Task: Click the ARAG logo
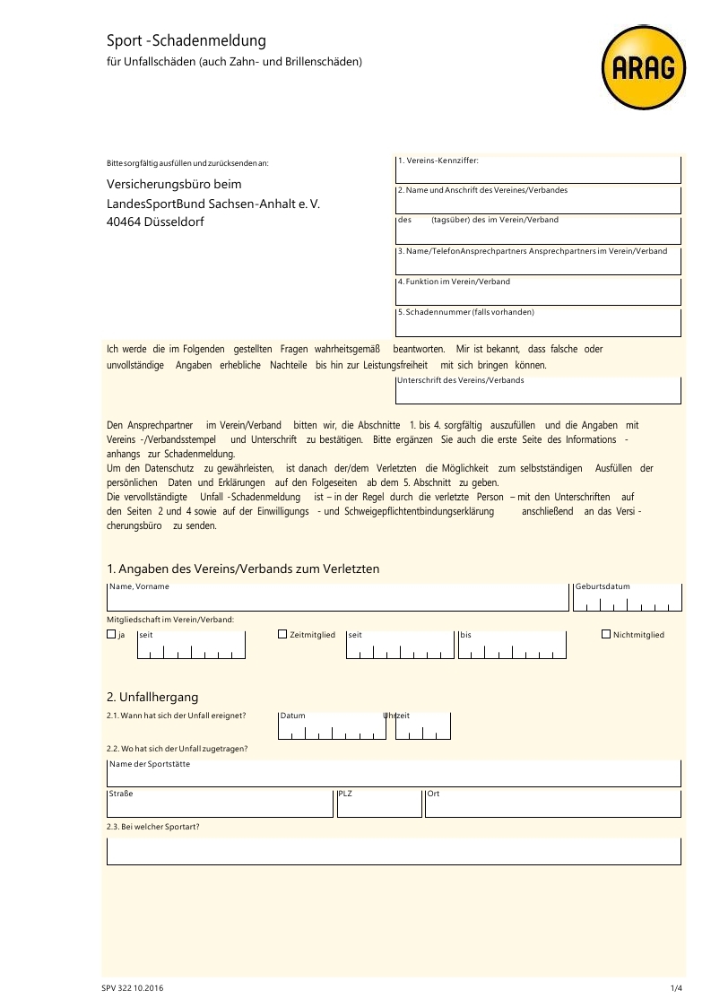[644, 68]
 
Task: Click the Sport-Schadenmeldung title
[186, 41]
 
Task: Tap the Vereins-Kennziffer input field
[538, 171]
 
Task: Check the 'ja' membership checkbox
[111, 635]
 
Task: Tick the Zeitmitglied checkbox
[283, 635]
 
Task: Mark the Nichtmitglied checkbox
[606, 635]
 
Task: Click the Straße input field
[220, 805]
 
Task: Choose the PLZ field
[378, 805]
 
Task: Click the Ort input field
[552, 805]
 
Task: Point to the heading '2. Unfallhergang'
[152, 697]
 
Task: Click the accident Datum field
[332, 726]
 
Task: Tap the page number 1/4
[676, 988]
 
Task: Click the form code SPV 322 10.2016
[133, 988]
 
